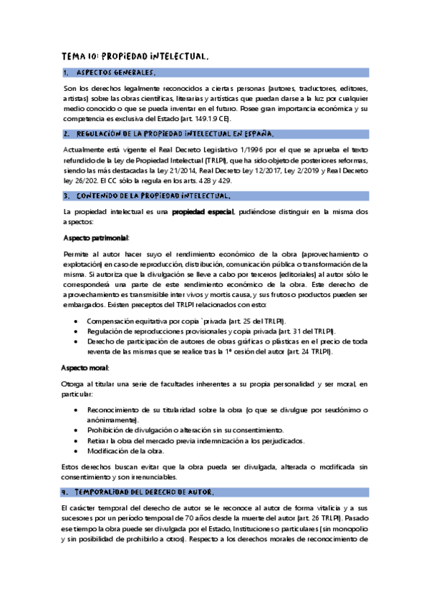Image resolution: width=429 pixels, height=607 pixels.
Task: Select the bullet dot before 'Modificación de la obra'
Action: click(77, 451)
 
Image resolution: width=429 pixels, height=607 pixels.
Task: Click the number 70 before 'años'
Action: click(229, 517)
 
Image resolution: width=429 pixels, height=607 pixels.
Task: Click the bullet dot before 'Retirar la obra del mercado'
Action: click(77, 440)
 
